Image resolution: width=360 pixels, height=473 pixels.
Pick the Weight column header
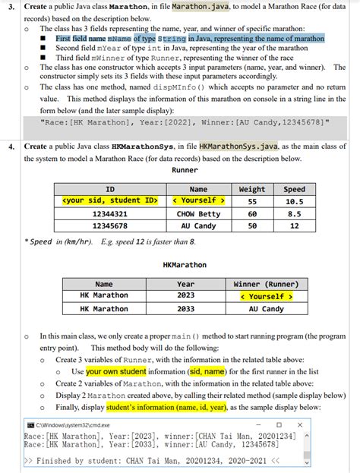point(252,189)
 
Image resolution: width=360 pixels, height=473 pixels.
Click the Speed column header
point(294,189)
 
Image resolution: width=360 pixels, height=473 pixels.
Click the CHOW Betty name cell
point(198,214)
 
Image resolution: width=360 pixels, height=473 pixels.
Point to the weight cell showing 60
point(252,214)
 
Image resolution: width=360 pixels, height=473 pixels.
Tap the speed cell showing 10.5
point(294,201)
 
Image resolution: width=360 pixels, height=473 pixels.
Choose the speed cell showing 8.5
point(294,214)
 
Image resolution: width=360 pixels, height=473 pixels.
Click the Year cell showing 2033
point(185,309)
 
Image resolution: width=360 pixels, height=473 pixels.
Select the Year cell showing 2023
point(185,296)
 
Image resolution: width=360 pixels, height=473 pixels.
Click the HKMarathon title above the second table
point(185,265)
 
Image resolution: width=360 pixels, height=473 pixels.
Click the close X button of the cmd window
point(300,424)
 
